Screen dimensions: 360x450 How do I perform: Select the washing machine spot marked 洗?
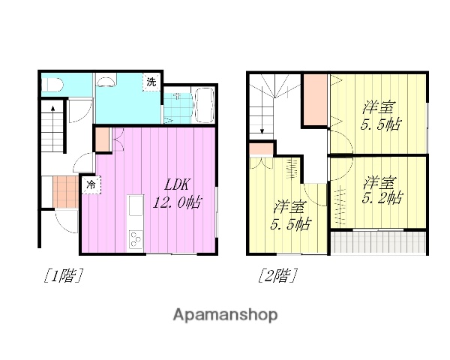[151, 82]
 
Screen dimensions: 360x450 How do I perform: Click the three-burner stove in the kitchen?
[136, 239]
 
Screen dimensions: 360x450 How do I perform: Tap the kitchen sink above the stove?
[136, 205]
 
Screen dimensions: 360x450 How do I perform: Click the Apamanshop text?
[225, 314]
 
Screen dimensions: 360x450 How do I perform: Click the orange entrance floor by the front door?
[65, 191]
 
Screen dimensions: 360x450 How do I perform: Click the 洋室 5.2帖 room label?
[380, 190]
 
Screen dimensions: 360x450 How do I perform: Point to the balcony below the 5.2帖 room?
[379, 242]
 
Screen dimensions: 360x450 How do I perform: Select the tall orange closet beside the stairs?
[315, 100]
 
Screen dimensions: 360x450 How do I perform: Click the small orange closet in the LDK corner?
[103, 139]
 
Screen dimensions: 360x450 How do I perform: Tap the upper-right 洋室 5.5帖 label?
[379, 115]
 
